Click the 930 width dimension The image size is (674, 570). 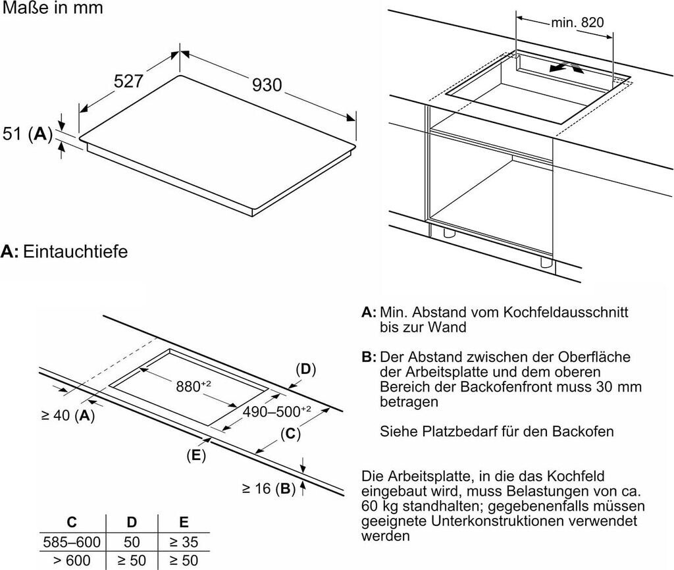click(267, 85)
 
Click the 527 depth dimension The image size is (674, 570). click(128, 81)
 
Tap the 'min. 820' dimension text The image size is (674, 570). click(577, 22)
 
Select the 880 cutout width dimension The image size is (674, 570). click(194, 386)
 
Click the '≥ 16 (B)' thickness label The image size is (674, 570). click(269, 488)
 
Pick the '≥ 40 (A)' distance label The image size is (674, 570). click(68, 415)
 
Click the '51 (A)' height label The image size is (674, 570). click(27, 134)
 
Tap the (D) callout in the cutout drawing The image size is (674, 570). click(305, 369)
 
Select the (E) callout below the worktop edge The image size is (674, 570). click(196, 455)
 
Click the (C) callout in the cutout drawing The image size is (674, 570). click(290, 434)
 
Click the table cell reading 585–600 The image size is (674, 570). click(72, 542)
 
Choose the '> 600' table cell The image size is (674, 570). click(72, 561)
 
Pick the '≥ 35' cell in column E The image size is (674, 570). click(184, 542)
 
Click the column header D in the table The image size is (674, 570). click(132, 523)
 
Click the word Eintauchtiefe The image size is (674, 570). click(75, 251)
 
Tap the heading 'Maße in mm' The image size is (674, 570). click(53, 9)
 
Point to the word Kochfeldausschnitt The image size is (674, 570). click(565, 311)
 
